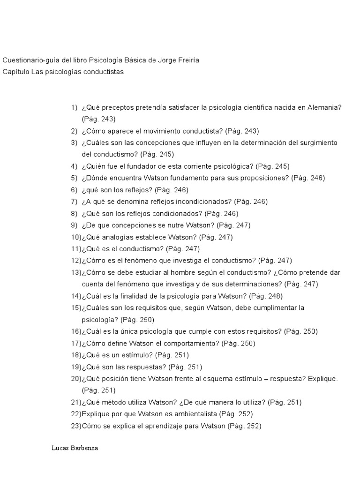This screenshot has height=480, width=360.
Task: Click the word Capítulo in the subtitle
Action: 16,72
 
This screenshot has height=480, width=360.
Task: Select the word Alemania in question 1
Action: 325,107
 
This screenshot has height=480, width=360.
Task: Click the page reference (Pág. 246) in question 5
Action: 307,178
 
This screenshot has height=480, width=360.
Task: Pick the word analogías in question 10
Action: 120,237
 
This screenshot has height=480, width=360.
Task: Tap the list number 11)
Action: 76,249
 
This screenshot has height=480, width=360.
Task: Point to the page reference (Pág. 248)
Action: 266,296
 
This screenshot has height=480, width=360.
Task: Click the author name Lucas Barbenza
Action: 75,448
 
